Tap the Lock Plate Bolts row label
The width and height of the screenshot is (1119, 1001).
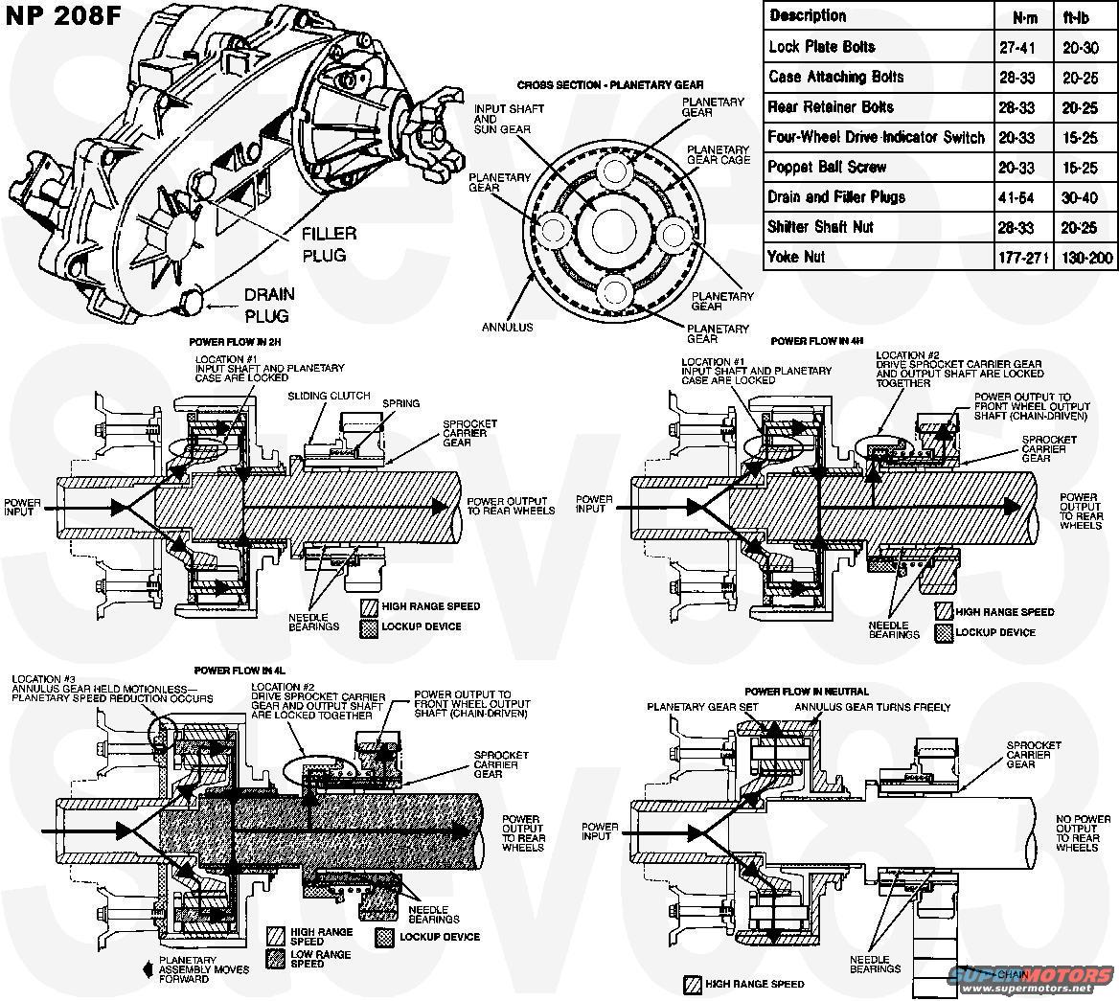click(822, 47)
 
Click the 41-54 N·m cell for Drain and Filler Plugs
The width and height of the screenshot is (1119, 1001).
click(1016, 197)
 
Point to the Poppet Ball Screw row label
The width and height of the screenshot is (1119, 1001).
click(827, 167)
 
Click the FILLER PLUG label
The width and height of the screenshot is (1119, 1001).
click(329, 244)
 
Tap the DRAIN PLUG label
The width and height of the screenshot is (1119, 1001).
click(268, 305)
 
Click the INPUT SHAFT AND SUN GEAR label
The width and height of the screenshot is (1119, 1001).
click(509, 120)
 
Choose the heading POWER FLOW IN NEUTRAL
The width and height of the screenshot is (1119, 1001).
click(807, 691)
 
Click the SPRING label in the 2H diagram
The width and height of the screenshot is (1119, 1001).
click(400, 403)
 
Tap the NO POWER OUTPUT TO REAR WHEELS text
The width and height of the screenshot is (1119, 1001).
click(1084, 833)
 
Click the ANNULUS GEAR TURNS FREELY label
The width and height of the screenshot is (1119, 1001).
click(872, 707)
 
